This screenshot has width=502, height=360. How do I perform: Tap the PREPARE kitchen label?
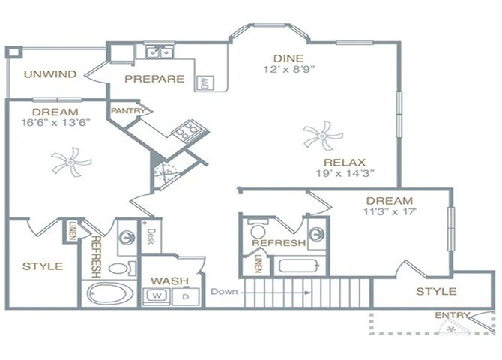pyautogui.click(x=154, y=78)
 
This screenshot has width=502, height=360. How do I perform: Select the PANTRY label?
pyautogui.click(x=127, y=110)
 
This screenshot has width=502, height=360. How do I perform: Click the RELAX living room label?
pyautogui.click(x=344, y=162)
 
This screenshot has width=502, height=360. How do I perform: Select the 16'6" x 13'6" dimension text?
pyautogui.click(x=56, y=124)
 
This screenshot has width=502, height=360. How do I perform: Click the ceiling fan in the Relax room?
pyautogui.click(x=322, y=136)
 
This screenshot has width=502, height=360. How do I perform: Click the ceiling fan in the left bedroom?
pyautogui.click(x=70, y=161)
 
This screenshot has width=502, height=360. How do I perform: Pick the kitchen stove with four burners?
pyautogui.click(x=185, y=133)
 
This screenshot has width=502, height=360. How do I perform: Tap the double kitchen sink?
pyautogui.click(x=159, y=52)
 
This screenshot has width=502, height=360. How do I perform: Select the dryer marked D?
pyautogui.click(x=185, y=295)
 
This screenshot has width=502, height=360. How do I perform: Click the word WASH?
pyautogui.click(x=169, y=280)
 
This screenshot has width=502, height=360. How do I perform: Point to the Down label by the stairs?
pyautogui.click(x=224, y=291)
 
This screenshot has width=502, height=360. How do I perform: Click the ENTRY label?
pyautogui.click(x=453, y=315)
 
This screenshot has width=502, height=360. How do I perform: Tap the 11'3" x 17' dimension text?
pyautogui.click(x=389, y=212)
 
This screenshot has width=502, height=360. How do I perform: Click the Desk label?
pyautogui.click(x=151, y=236)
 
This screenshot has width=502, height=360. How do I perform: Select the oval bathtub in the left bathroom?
pyautogui.click(x=109, y=292)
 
